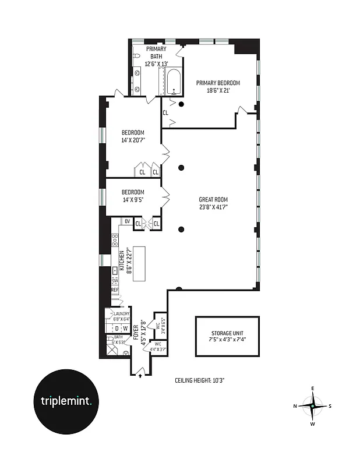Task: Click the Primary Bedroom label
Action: pos(218,83)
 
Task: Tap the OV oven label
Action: pos(126,221)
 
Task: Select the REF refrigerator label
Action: pos(115,290)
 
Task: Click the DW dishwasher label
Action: pos(115,280)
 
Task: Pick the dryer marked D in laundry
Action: pos(117,329)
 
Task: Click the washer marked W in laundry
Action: pos(125,329)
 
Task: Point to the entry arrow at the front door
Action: pos(140,376)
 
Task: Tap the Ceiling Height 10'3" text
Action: pos(200,380)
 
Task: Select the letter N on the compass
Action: pos(295,406)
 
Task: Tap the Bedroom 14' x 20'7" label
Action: pos(132,136)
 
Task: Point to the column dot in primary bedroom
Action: pos(182,104)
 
